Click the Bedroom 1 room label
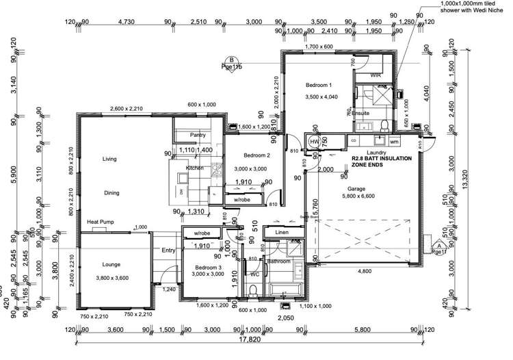[319, 85]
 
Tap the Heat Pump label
[99, 222]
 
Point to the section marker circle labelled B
[232, 60]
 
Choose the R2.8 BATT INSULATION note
[382, 162]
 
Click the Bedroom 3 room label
[206, 267]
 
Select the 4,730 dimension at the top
[126, 22]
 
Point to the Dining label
[111, 193]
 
